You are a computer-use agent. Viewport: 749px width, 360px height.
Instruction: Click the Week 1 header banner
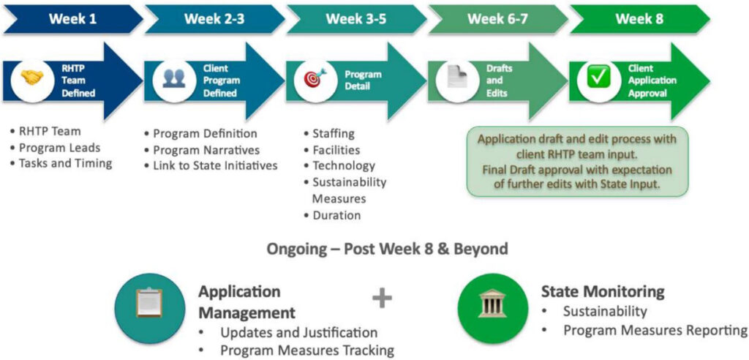pyautogui.click(x=72, y=19)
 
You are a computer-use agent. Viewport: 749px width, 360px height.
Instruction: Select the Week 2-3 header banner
pyautogui.click(x=214, y=19)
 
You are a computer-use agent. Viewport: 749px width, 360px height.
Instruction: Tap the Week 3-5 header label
pyautogui.click(x=356, y=19)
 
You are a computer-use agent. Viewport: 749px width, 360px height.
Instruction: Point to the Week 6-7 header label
pyautogui.click(x=497, y=19)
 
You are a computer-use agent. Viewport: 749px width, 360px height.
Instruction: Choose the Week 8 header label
pyautogui.click(x=639, y=19)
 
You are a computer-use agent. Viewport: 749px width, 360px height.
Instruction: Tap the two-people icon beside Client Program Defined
pyautogui.click(x=173, y=79)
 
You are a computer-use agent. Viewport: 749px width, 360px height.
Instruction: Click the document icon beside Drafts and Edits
pyautogui.click(x=457, y=80)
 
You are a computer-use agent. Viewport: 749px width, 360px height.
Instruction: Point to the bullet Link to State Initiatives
pyautogui.click(x=215, y=165)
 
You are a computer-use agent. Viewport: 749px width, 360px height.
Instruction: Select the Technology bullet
pyautogui.click(x=343, y=165)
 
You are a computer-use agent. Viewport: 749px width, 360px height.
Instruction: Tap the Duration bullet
pyautogui.click(x=336, y=215)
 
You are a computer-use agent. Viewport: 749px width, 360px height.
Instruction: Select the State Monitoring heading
pyautogui.click(x=603, y=292)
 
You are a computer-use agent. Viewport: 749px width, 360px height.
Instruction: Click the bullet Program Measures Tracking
pyautogui.click(x=306, y=350)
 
